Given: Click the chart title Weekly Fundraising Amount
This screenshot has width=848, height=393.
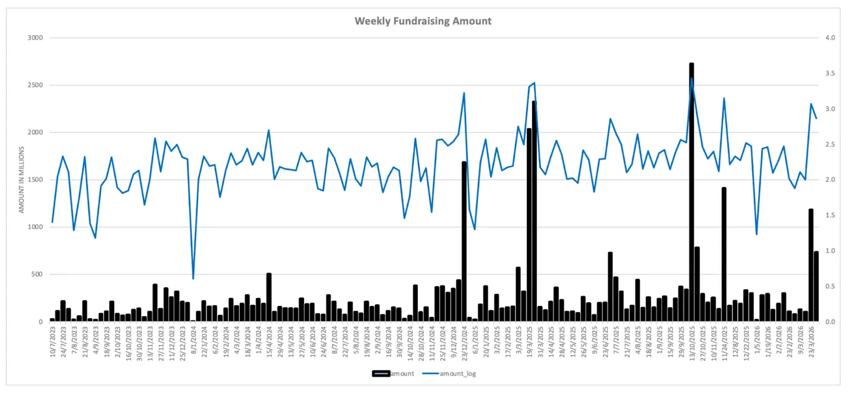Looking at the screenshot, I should (x=423, y=21).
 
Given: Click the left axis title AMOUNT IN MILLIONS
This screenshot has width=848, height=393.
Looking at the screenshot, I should (x=22, y=180).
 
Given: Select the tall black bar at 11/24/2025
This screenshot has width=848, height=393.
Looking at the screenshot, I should (x=724, y=254).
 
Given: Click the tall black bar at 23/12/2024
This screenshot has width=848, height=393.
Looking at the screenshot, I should (x=464, y=242).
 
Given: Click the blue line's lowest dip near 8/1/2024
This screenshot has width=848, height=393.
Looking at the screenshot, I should (x=193, y=279).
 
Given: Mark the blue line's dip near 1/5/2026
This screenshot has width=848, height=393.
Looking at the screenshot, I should (x=757, y=234).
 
